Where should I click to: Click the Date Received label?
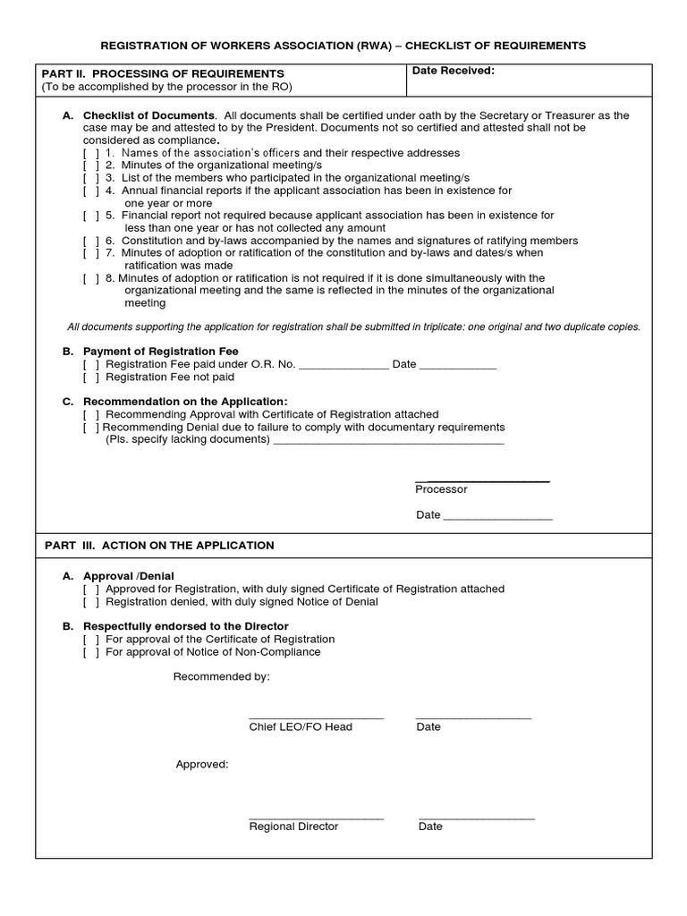453,71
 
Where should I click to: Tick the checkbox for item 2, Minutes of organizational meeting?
90,165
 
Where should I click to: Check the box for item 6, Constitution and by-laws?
90,241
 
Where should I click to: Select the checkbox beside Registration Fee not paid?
90,377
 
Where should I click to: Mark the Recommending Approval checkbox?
90,414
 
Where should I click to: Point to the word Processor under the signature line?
441,489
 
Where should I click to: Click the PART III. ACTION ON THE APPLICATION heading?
159,546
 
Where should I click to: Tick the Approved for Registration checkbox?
90,589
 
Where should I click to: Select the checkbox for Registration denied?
90,602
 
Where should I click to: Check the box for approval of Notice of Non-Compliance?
90,652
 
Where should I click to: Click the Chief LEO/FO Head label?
301,727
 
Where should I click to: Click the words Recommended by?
221,677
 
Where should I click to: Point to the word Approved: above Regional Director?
202,765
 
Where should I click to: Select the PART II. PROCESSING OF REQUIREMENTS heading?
164,73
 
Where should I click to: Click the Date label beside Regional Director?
430,827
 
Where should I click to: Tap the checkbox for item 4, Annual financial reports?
90,191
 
